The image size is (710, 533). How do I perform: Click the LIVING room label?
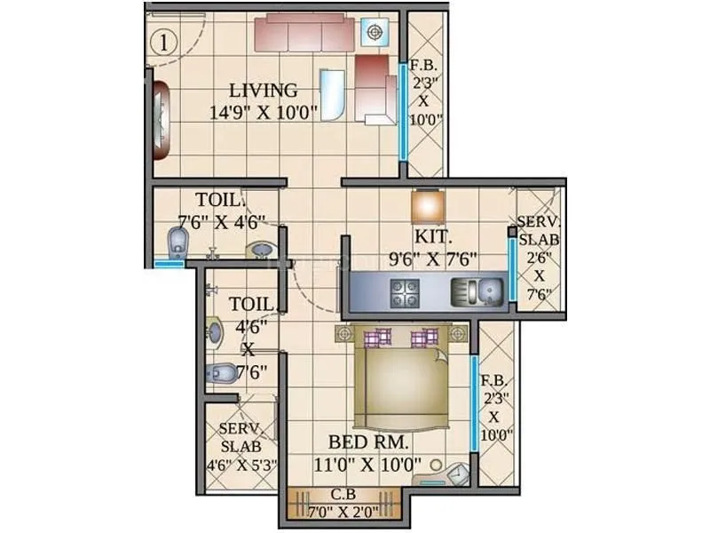coord(264,91)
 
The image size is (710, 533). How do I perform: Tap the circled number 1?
coord(162,40)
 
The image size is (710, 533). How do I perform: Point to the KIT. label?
coord(433,238)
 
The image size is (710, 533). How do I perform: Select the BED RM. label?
coord(368,442)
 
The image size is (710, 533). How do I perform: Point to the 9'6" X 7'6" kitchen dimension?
coord(435,259)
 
